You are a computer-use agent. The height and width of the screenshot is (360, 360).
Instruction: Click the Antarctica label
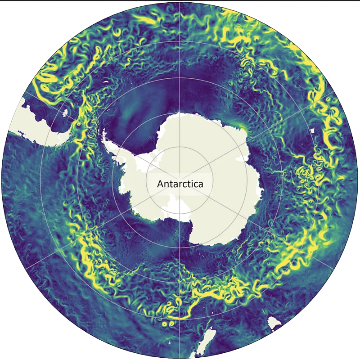(180, 184)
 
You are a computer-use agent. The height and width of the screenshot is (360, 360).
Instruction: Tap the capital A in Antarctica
(160, 184)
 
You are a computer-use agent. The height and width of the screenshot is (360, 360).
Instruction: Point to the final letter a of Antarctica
(201, 184)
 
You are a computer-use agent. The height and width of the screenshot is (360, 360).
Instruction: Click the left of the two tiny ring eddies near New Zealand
(164, 322)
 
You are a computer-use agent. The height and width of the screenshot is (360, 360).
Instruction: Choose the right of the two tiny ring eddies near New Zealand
(171, 323)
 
